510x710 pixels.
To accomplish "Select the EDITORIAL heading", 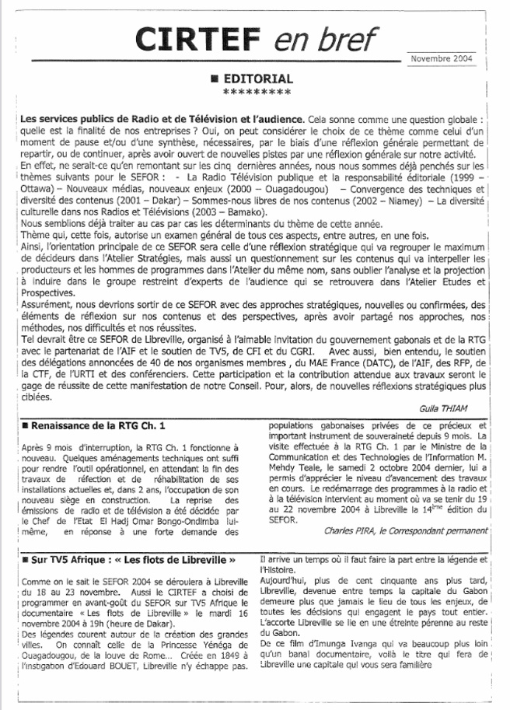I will pos(258,79).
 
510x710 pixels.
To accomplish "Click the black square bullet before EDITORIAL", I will pos(214,79).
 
